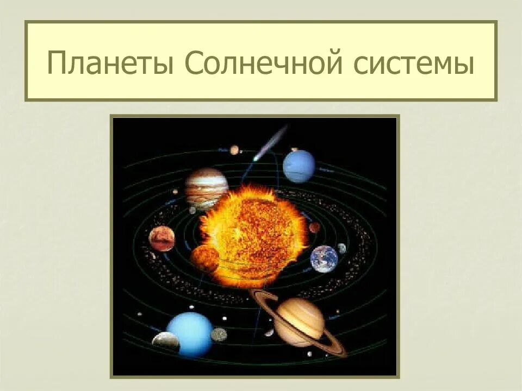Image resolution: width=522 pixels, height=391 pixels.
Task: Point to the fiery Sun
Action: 253,234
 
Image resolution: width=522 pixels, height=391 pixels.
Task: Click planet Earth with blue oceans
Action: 324,258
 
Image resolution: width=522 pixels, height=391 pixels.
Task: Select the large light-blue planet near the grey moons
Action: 190,334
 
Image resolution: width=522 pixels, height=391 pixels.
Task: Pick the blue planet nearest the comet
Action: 299,166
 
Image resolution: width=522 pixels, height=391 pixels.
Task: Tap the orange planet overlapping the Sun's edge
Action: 204,258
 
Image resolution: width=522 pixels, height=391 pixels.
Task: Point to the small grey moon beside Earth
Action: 341,248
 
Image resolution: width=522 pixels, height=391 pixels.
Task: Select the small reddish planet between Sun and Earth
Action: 314,227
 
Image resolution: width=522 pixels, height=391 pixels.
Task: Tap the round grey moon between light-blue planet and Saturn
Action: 219,334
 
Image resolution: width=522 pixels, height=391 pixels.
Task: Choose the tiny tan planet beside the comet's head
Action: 234,149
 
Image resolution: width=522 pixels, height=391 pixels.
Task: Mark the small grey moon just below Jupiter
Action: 192,210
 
